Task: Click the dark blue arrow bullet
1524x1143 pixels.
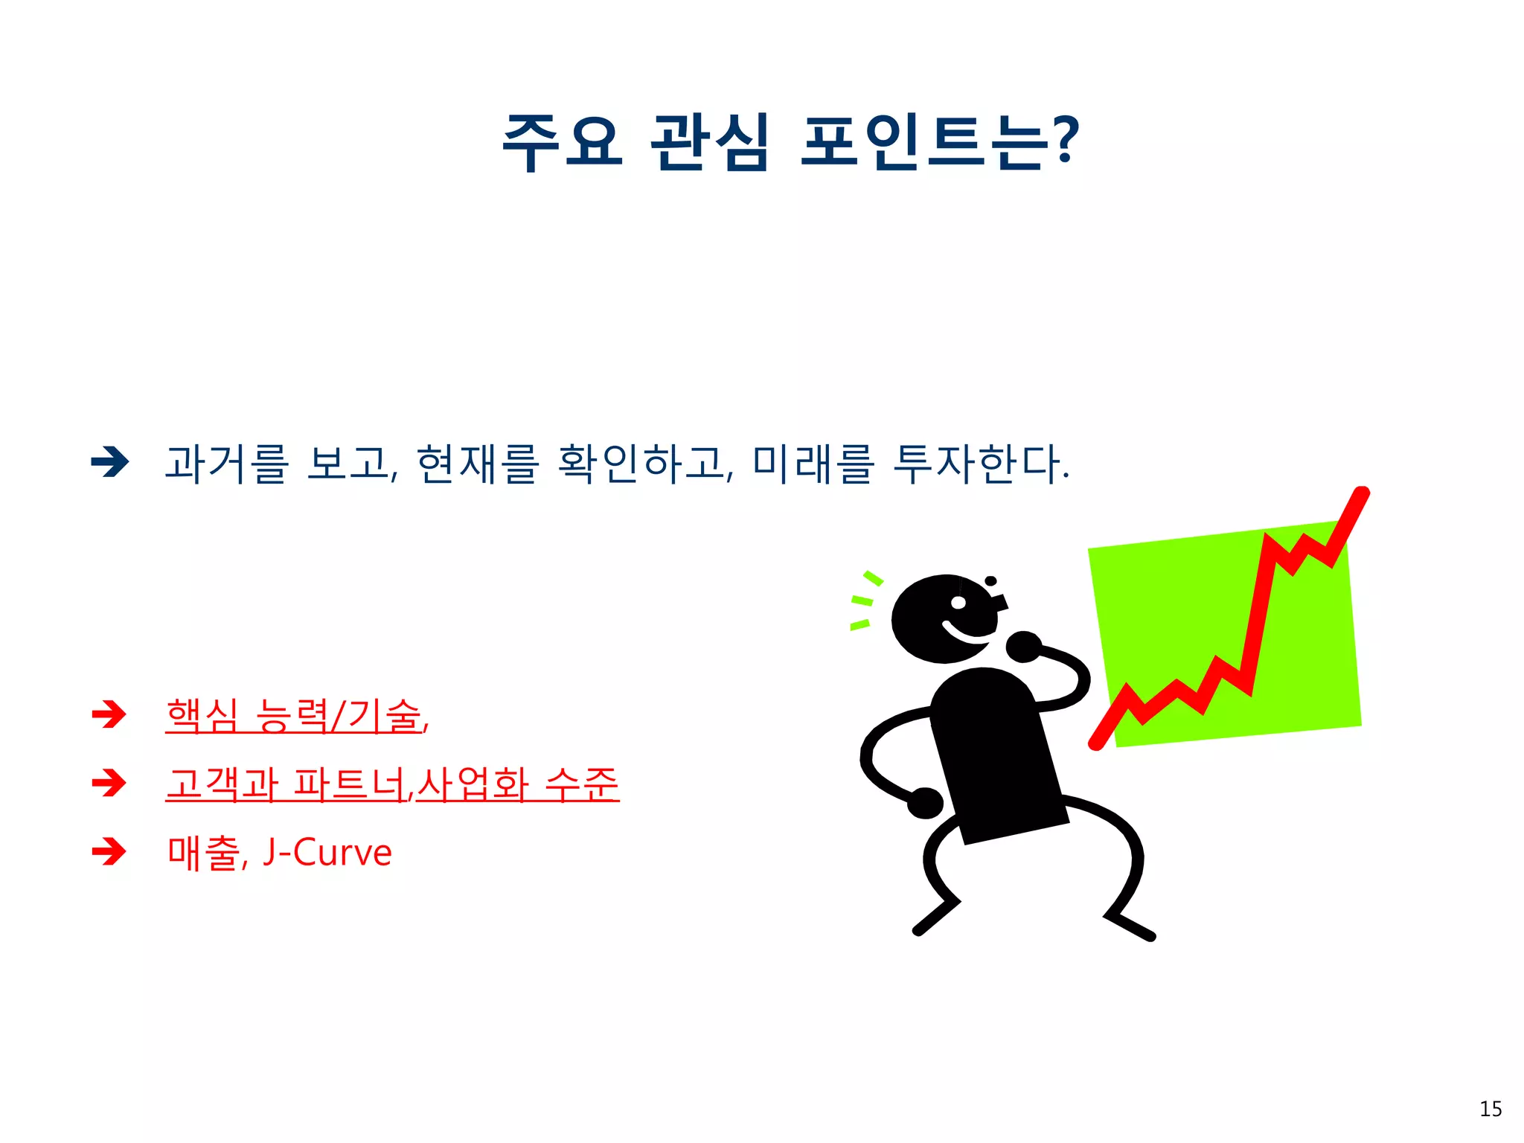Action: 110,462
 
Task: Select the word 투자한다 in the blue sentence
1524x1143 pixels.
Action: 978,464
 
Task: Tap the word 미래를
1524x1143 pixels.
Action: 813,464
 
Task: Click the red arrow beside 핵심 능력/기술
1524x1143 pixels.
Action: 109,714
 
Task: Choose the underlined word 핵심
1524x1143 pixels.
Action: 202,716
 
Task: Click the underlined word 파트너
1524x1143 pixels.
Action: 350,784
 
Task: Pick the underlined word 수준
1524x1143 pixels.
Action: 582,784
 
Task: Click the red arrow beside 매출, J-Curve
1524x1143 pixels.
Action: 109,851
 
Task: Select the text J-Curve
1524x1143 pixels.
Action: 327,853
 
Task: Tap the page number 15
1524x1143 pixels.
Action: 1491,1110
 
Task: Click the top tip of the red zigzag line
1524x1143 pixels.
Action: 1362,493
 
